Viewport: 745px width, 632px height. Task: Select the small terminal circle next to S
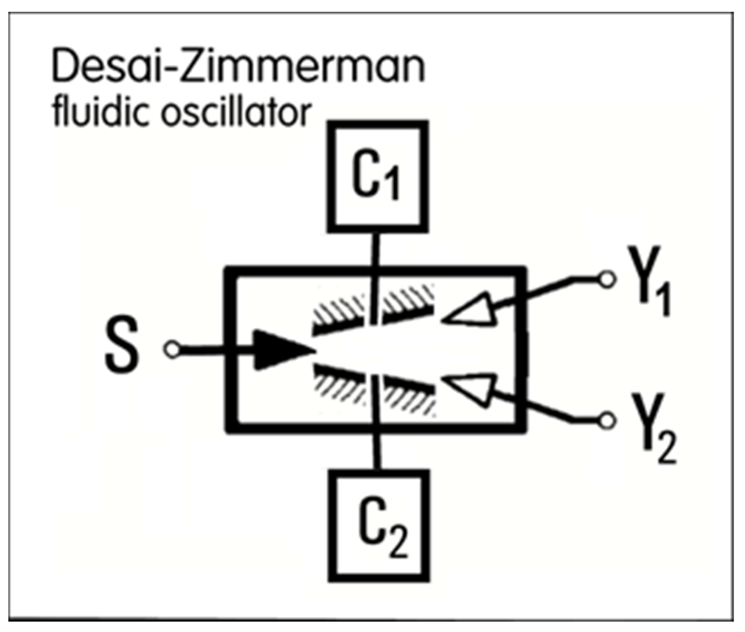[x=173, y=349]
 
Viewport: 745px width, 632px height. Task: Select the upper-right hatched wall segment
[x=409, y=305]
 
